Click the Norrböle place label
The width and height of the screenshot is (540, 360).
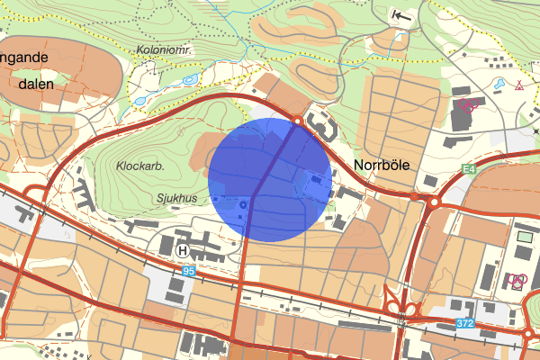coord(382,166)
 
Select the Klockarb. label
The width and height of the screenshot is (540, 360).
coord(139,166)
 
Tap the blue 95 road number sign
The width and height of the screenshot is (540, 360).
coord(187,270)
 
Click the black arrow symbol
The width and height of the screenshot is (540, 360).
coord(402,15)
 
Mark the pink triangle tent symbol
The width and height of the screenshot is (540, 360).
coord(519,86)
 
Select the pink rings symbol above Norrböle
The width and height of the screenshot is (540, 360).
coord(467,103)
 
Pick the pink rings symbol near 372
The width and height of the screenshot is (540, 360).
coord(517,280)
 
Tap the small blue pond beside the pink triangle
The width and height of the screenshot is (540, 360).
coord(499,85)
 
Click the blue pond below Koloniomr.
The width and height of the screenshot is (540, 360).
coord(189,79)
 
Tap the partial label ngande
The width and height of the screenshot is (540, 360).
coord(24,57)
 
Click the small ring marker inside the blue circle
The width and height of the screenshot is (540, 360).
coord(243,206)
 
